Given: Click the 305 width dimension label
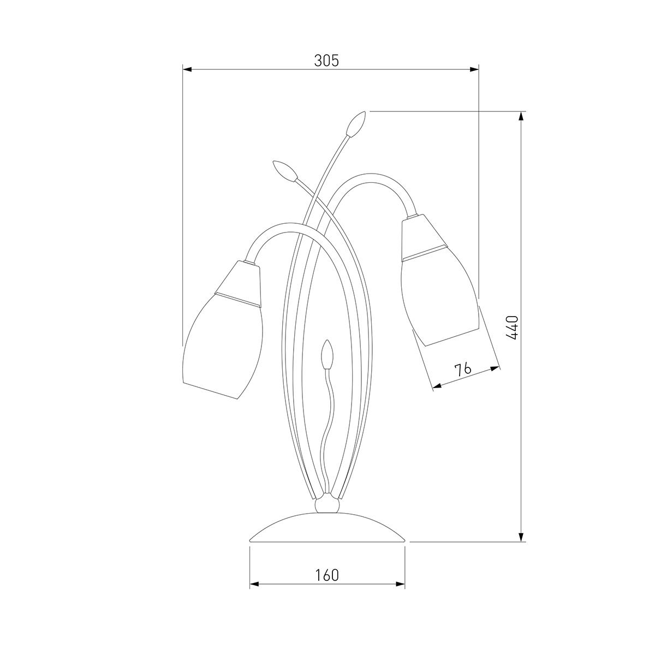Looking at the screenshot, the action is (326, 61).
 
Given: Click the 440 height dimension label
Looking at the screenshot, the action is (512, 327).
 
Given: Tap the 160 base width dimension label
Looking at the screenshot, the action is (327, 575).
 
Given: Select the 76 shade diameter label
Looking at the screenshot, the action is (463, 369).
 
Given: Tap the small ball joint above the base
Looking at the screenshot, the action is (327, 514).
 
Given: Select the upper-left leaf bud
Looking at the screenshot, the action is (285, 170).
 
